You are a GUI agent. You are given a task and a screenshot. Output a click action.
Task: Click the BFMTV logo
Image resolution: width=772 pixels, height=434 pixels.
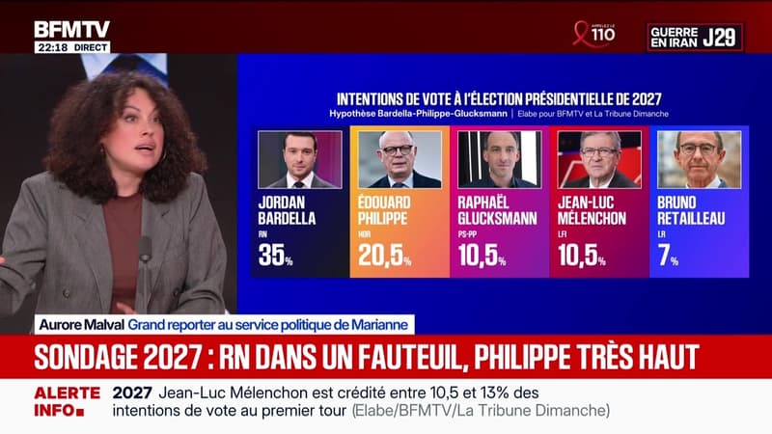click(71, 29)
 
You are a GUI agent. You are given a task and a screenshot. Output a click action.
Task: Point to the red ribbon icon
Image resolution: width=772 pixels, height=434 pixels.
click(582, 34)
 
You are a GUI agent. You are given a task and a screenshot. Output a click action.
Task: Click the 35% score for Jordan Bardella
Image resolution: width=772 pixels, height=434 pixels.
click(276, 256)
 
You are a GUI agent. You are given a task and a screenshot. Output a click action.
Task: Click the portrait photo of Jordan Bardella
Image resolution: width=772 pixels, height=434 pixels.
click(299, 159)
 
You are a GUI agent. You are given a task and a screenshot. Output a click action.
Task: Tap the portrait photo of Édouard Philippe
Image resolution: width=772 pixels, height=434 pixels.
click(400, 159)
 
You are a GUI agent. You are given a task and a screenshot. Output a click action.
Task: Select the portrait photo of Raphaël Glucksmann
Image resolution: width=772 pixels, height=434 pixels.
click(499, 159)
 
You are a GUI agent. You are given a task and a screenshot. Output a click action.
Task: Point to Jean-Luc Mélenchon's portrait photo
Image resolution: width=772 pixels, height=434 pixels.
click(599, 159)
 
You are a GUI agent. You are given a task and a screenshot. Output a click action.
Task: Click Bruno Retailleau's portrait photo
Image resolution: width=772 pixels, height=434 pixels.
click(699, 159)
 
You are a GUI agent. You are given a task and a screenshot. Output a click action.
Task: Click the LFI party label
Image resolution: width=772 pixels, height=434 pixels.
click(563, 234)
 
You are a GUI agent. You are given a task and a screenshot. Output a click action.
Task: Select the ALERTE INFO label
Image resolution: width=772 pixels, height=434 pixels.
click(68, 402)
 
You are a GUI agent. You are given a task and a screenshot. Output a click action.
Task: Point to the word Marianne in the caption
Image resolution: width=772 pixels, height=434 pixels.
click(385, 322)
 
